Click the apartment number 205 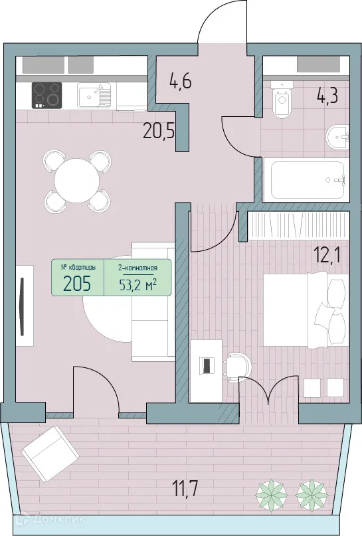pos(78,284)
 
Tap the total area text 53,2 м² pos(137,285)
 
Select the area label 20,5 pos(159,130)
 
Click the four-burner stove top pos(46,95)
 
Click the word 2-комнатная pos(137,268)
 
